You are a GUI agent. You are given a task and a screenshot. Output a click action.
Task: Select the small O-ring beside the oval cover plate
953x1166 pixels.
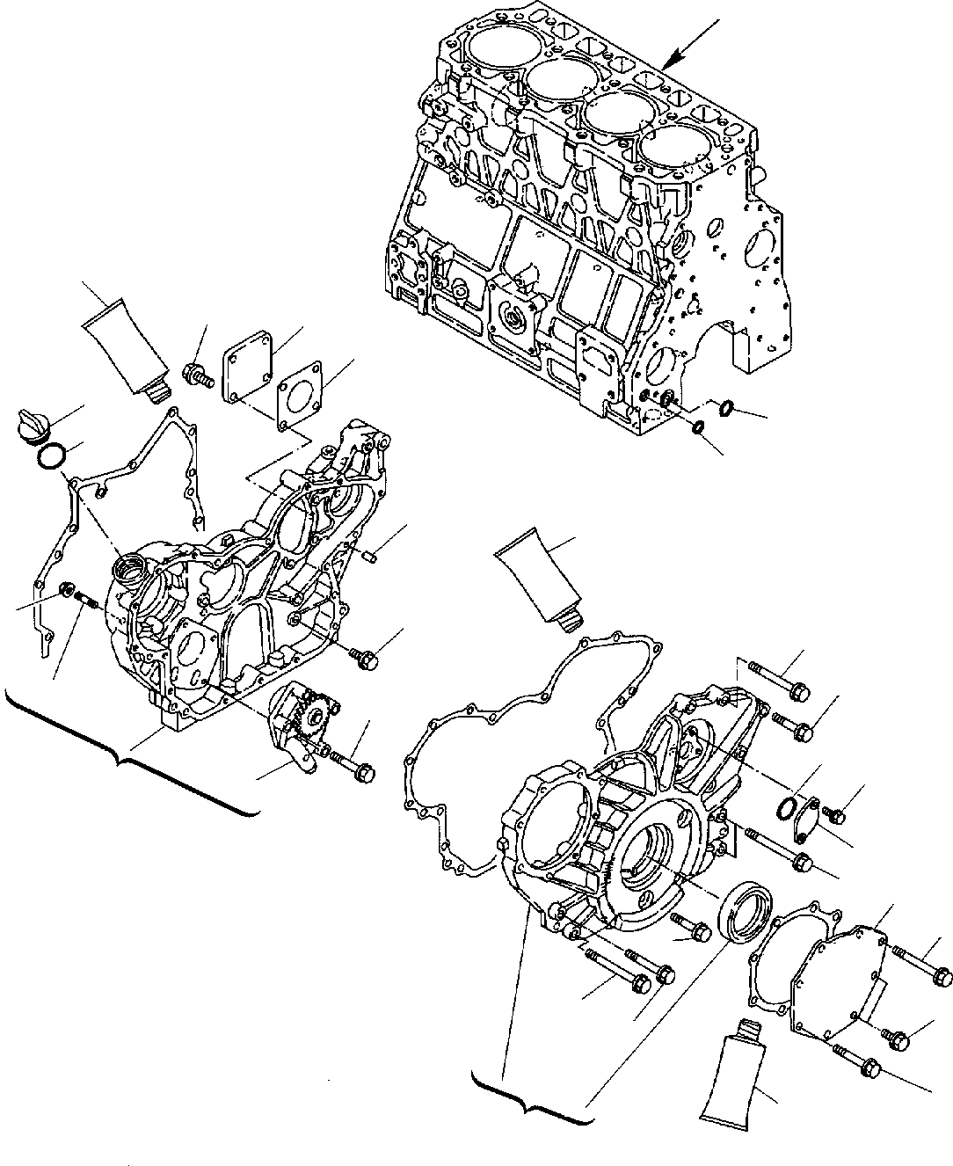pyautogui.click(x=789, y=806)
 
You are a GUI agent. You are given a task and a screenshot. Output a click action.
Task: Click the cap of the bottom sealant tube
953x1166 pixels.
pyautogui.click(x=747, y=1029)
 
